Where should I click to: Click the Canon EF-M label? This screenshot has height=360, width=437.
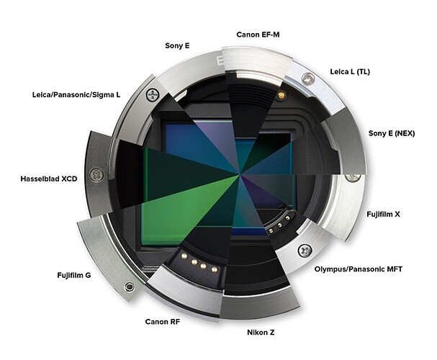tap(258, 35)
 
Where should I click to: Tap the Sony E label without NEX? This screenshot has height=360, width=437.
tap(177, 45)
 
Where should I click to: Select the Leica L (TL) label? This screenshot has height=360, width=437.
tap(350, 71)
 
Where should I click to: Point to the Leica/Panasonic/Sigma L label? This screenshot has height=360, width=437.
tap(76, 95)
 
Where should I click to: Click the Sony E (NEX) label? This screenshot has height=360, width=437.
tap(392, 133)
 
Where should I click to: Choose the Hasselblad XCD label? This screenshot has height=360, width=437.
tap(49, 179)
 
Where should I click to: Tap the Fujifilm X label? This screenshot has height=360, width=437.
tap(383, 215)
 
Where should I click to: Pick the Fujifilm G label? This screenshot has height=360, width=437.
tap(74, 275)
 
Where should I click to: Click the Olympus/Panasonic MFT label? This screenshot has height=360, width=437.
tap(359, 269)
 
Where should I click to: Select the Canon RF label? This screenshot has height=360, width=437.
tap(163, 322)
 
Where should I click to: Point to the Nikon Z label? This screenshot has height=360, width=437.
tap(261, 332)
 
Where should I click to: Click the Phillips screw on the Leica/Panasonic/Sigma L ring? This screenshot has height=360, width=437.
tap(153, 95)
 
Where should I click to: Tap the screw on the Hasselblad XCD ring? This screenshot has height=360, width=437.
tap(96, 175)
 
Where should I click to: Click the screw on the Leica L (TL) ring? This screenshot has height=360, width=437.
tap(307, 78)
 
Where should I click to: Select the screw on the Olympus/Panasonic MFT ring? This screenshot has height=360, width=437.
tap(305, 251)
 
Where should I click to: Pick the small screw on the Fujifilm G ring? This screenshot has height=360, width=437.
tap(130, 286)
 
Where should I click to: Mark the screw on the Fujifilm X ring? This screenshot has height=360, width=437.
tap(353, 177)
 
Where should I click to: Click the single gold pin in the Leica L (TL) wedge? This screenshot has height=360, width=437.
tap(281, 96)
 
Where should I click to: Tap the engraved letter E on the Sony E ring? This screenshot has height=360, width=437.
tap(220, 60)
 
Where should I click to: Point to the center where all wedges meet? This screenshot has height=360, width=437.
tap(239, 175)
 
